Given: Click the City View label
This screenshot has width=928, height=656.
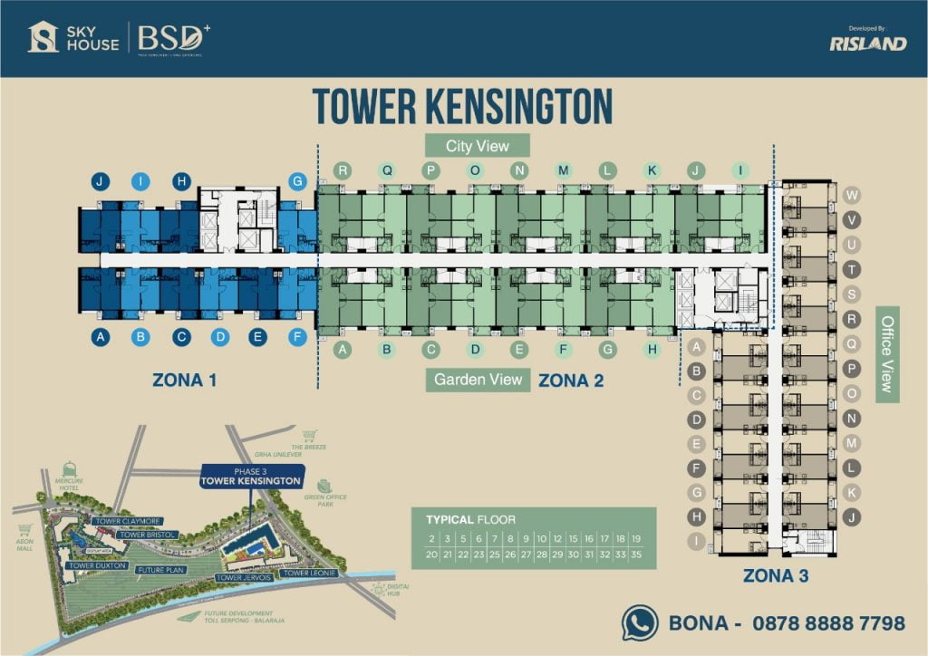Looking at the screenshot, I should [x=478, y=145].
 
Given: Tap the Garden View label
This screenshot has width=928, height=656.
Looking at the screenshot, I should [x=478, y=380].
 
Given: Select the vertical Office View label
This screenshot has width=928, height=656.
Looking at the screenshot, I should [x=887, y=354].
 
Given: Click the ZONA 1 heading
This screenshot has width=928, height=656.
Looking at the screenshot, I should [x=190, y=380].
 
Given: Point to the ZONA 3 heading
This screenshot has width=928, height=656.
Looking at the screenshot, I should [x=776, y=574].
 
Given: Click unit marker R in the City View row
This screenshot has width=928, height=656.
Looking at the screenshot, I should [x=342, y=169].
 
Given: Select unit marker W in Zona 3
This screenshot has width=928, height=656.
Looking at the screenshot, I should [x=851, y=196].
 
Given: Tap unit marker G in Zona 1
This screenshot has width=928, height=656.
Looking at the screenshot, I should [x=296, y=181].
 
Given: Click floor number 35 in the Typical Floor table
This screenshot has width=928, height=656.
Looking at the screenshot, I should [x=636, y=555].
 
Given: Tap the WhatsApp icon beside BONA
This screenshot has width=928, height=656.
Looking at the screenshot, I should [x=640, y=623].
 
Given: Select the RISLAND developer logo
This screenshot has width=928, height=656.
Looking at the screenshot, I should [x=867, y=43].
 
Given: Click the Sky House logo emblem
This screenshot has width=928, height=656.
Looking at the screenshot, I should [x=43, y=37].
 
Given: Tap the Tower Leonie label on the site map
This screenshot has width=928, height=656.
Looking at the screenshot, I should [x=308, y=574].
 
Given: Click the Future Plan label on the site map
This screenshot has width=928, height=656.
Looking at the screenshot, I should [x=161, y=571].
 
